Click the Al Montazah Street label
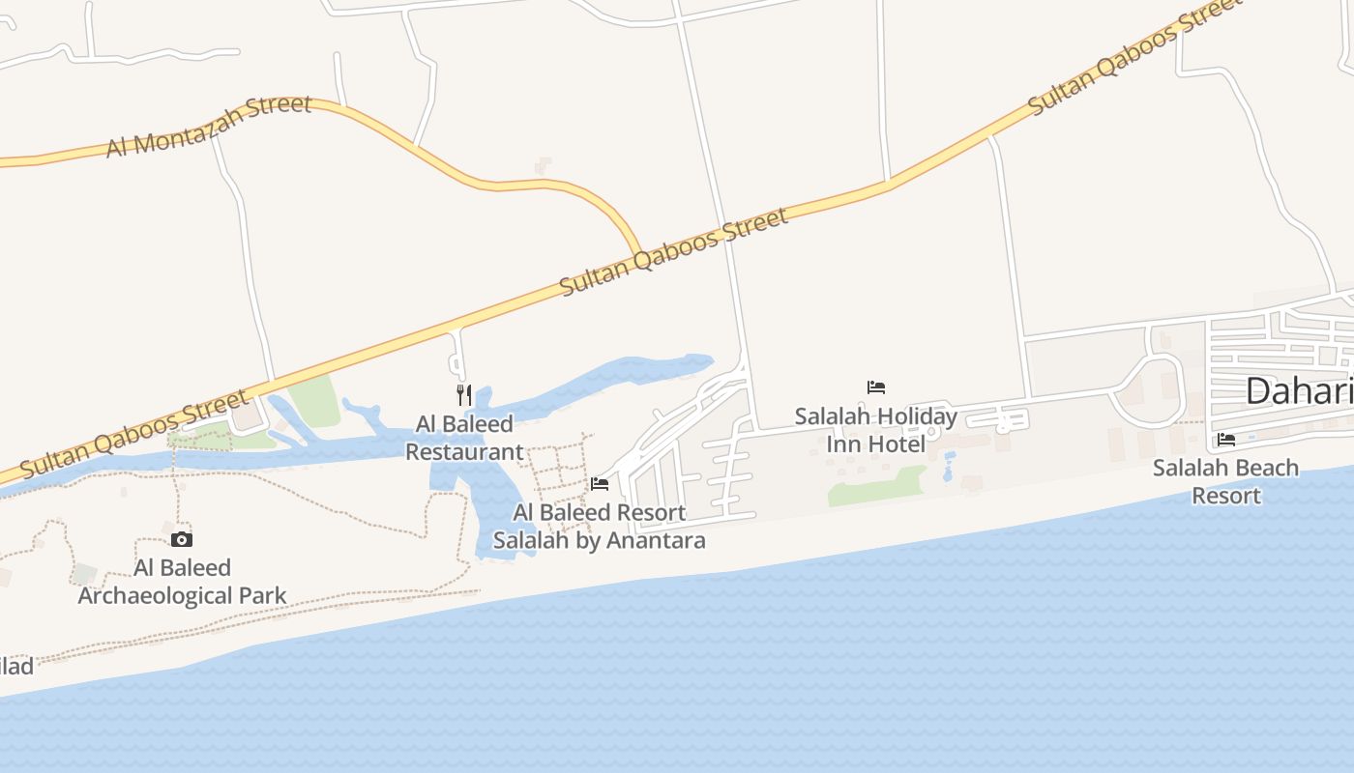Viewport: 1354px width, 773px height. click(209, 126)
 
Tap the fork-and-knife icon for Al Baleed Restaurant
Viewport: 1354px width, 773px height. click(464, 394)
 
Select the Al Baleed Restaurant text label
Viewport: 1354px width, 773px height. click(464, 438)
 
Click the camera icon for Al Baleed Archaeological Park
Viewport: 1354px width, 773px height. click(182, 539)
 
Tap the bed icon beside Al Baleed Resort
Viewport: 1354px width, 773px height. click(600, 483)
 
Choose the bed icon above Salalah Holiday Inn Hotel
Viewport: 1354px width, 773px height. click(876, 387)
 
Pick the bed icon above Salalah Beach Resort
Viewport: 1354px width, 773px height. click(1226, 439)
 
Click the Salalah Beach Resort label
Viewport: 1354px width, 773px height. click(1225, 481)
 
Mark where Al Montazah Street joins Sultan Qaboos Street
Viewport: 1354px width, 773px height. click(638, 254)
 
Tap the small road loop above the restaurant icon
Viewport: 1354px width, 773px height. click(456, 364)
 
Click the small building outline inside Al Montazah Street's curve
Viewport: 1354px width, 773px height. click(544, 165)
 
